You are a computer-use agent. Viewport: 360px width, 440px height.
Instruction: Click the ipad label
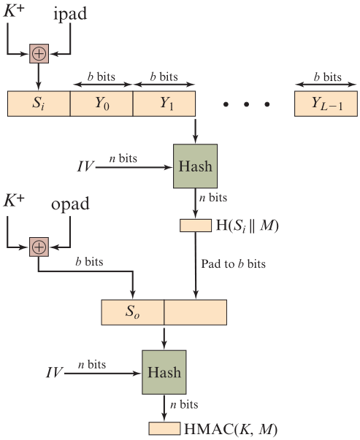pyautogui.click(x=70, y=13)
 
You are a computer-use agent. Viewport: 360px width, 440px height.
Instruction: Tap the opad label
pyautogui.click(x=70, y=204)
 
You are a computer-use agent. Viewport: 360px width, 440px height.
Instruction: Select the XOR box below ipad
pyautogui.click(x=39, y=53)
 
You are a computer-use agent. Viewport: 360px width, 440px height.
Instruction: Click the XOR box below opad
pyautogui.click(x=39, y=247)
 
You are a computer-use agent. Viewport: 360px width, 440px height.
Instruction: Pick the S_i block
pyautogui.click(x=39, y=104)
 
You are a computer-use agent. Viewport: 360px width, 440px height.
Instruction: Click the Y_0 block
pyautogui.click(x=102, y=104)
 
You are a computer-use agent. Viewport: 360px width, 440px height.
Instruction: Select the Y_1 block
pyautogui.click(x=164, y=104)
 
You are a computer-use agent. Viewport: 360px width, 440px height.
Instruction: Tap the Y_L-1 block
pyautogui.click(x=326, y=104)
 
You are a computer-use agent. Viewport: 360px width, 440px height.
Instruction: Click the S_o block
pyautogui.click(x=133, y=312)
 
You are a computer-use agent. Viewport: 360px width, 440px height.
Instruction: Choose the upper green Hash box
pyautogui.click(x=195, y=166)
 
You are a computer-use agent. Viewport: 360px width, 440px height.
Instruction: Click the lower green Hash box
pyautogui.click(x=164, y=372)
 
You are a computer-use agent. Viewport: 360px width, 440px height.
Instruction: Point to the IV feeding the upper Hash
pyautogui.click(x=85, y=166)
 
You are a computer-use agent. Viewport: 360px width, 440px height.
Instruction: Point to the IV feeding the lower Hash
pyautogui.click(x=54, y=372)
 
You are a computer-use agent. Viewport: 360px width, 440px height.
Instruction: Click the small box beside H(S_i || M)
pyautogui.click(x=196, y=225)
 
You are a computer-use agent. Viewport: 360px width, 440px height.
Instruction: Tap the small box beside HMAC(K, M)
pyautogui.click(x=164, y=428)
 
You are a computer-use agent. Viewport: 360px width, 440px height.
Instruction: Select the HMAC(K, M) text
pyautogui.click(x=231, y=429)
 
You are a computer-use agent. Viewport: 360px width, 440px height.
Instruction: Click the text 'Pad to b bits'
pyautogui.click(x=233, y=263)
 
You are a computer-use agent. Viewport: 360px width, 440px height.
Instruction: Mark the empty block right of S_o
pyautogui.click(x=196, y=312)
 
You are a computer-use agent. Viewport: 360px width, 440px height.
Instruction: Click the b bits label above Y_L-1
pyautogui.click(x=327, y=77)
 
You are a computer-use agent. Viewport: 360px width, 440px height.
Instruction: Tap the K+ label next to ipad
pyautogui.click(x=13, y=11)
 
